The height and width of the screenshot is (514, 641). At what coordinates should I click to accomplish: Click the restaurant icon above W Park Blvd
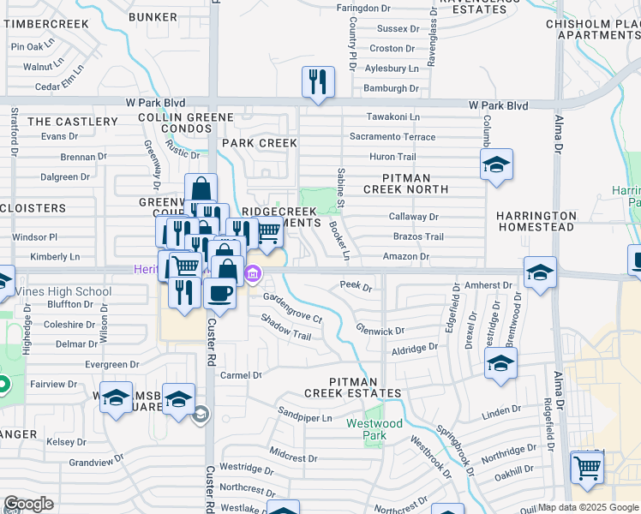[318, 82]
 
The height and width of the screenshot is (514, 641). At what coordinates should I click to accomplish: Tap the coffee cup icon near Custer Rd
[219, 293]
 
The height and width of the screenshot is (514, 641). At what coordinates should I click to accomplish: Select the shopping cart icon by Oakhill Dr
[587, 468]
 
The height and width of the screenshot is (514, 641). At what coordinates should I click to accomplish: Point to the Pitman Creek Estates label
[352, 386]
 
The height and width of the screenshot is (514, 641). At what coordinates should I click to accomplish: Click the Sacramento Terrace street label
[392, 137]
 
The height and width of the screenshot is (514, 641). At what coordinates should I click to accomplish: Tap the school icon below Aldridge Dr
[500, 363]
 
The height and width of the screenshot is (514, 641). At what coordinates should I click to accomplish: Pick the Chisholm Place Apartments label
[593, 29]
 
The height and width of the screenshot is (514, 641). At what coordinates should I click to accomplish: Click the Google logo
[29, 504]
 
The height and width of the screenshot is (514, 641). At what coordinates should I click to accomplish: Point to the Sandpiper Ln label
[305, 418]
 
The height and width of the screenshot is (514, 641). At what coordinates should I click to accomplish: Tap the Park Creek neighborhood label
[259, 143]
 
